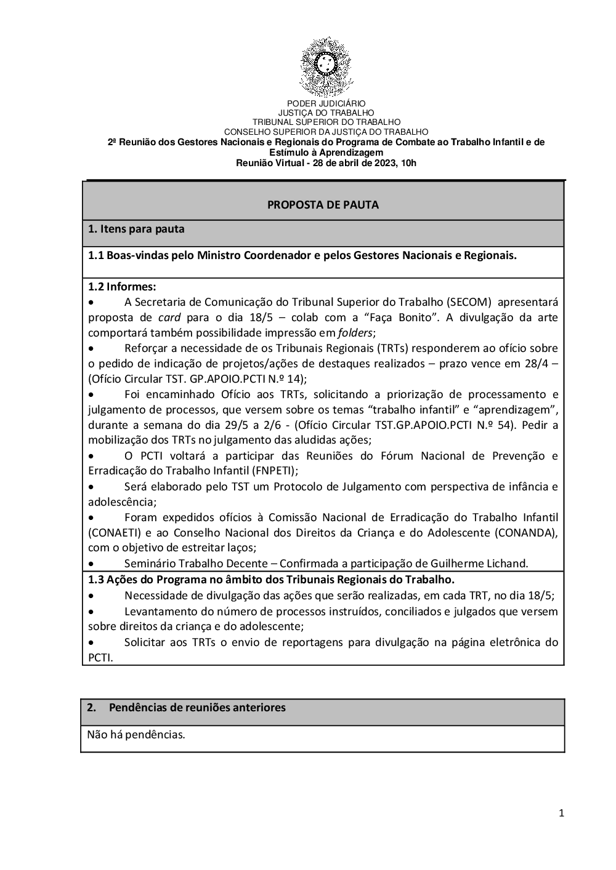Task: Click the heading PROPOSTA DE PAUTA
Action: pyautogui.click(x=323, y=205)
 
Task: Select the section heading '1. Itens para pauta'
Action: pyautogui.click(x=136, y=229)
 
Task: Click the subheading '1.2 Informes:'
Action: pyautogui.click(x=122, y=287)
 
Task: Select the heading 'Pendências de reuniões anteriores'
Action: pyautogui.click(x=197, y=708)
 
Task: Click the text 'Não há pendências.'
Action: pyautogui.click(x=136, y=734)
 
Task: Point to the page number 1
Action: pyautogui.click(x=561, y=813)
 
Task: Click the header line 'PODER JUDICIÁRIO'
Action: pyautogui.click(x=326, y=104)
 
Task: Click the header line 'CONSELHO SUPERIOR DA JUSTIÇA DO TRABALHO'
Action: pyautogui.click(x=326, y=132)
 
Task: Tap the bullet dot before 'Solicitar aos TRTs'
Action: pyautogui.click(x=91, y=643)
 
